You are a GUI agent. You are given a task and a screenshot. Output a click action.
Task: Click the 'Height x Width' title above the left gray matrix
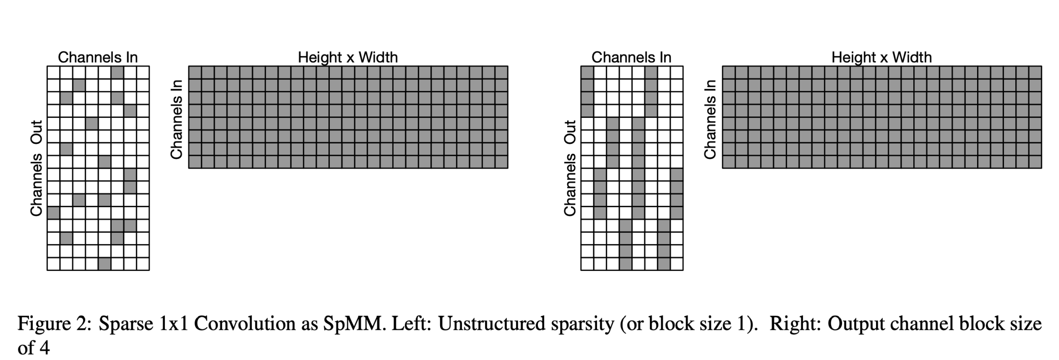click(x=348, y=57)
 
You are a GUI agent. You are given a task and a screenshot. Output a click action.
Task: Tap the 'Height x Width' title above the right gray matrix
click(x=881, y=57)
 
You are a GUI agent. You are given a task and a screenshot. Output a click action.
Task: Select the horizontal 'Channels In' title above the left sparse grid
click(x=98, y=57)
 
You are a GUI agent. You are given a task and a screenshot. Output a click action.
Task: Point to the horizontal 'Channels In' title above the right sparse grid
click(x=631, y=57)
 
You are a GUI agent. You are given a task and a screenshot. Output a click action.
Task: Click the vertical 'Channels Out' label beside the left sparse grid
click(x=36, y=168)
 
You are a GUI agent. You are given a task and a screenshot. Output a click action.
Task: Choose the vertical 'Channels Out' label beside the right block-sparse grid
click(x=570, y=168)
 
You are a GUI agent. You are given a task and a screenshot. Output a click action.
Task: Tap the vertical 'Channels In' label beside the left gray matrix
click(x=176, y=120)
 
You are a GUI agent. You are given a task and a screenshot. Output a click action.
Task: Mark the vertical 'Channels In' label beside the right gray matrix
click(x=710, y=120)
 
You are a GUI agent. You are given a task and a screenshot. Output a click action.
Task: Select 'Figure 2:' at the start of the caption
click(x=54, y=324)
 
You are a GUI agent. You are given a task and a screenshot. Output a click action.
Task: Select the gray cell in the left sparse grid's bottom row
click(x=105, y=264)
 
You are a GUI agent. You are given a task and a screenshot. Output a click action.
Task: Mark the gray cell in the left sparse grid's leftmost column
click(x=54, y=213)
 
